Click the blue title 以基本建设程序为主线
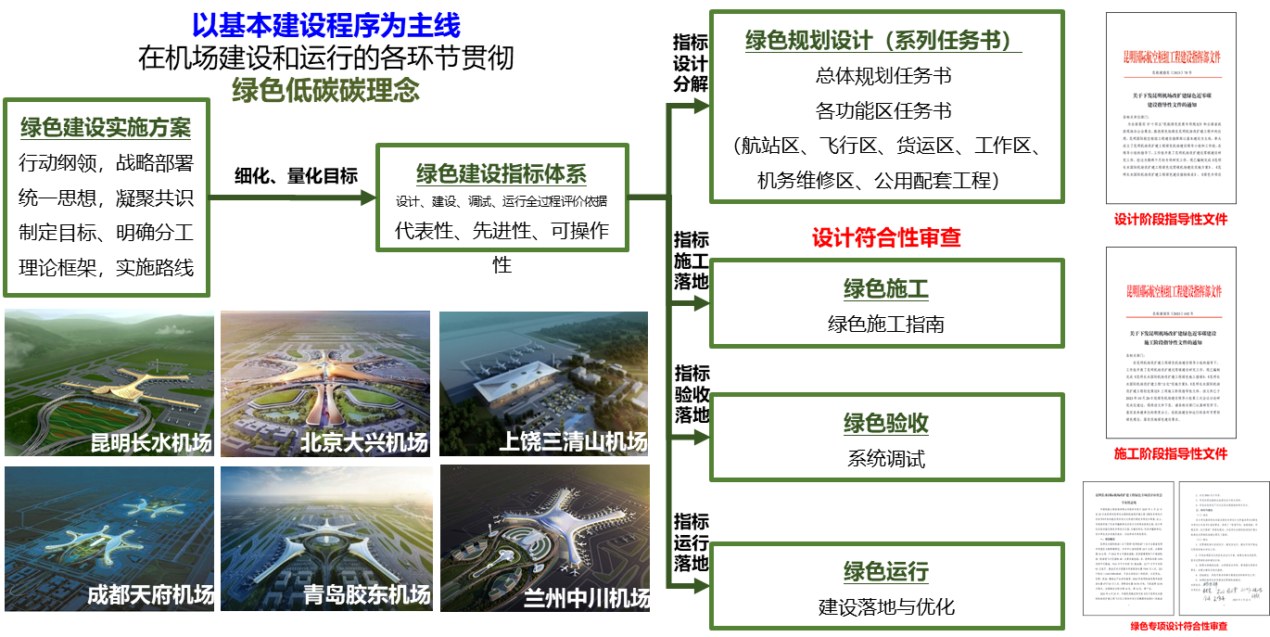point(325,25)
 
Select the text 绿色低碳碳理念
point(325,90)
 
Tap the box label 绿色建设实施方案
point(106,128)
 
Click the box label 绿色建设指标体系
point(501,173)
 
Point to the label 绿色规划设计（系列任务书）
point(883,41)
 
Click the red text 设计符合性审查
point(886,237)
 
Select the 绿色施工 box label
point(885,289)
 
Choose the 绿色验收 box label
point(885,424)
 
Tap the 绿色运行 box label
point(885,571)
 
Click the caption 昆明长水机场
point(150,443)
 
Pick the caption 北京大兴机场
point(364,443)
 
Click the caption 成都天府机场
point(150,594)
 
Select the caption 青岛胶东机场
point(367,595)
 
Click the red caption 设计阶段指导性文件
point(1171,220)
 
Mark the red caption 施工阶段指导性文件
point(1171,453)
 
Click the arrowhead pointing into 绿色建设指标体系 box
point(368,197)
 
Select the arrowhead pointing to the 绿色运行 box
point(701,585)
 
